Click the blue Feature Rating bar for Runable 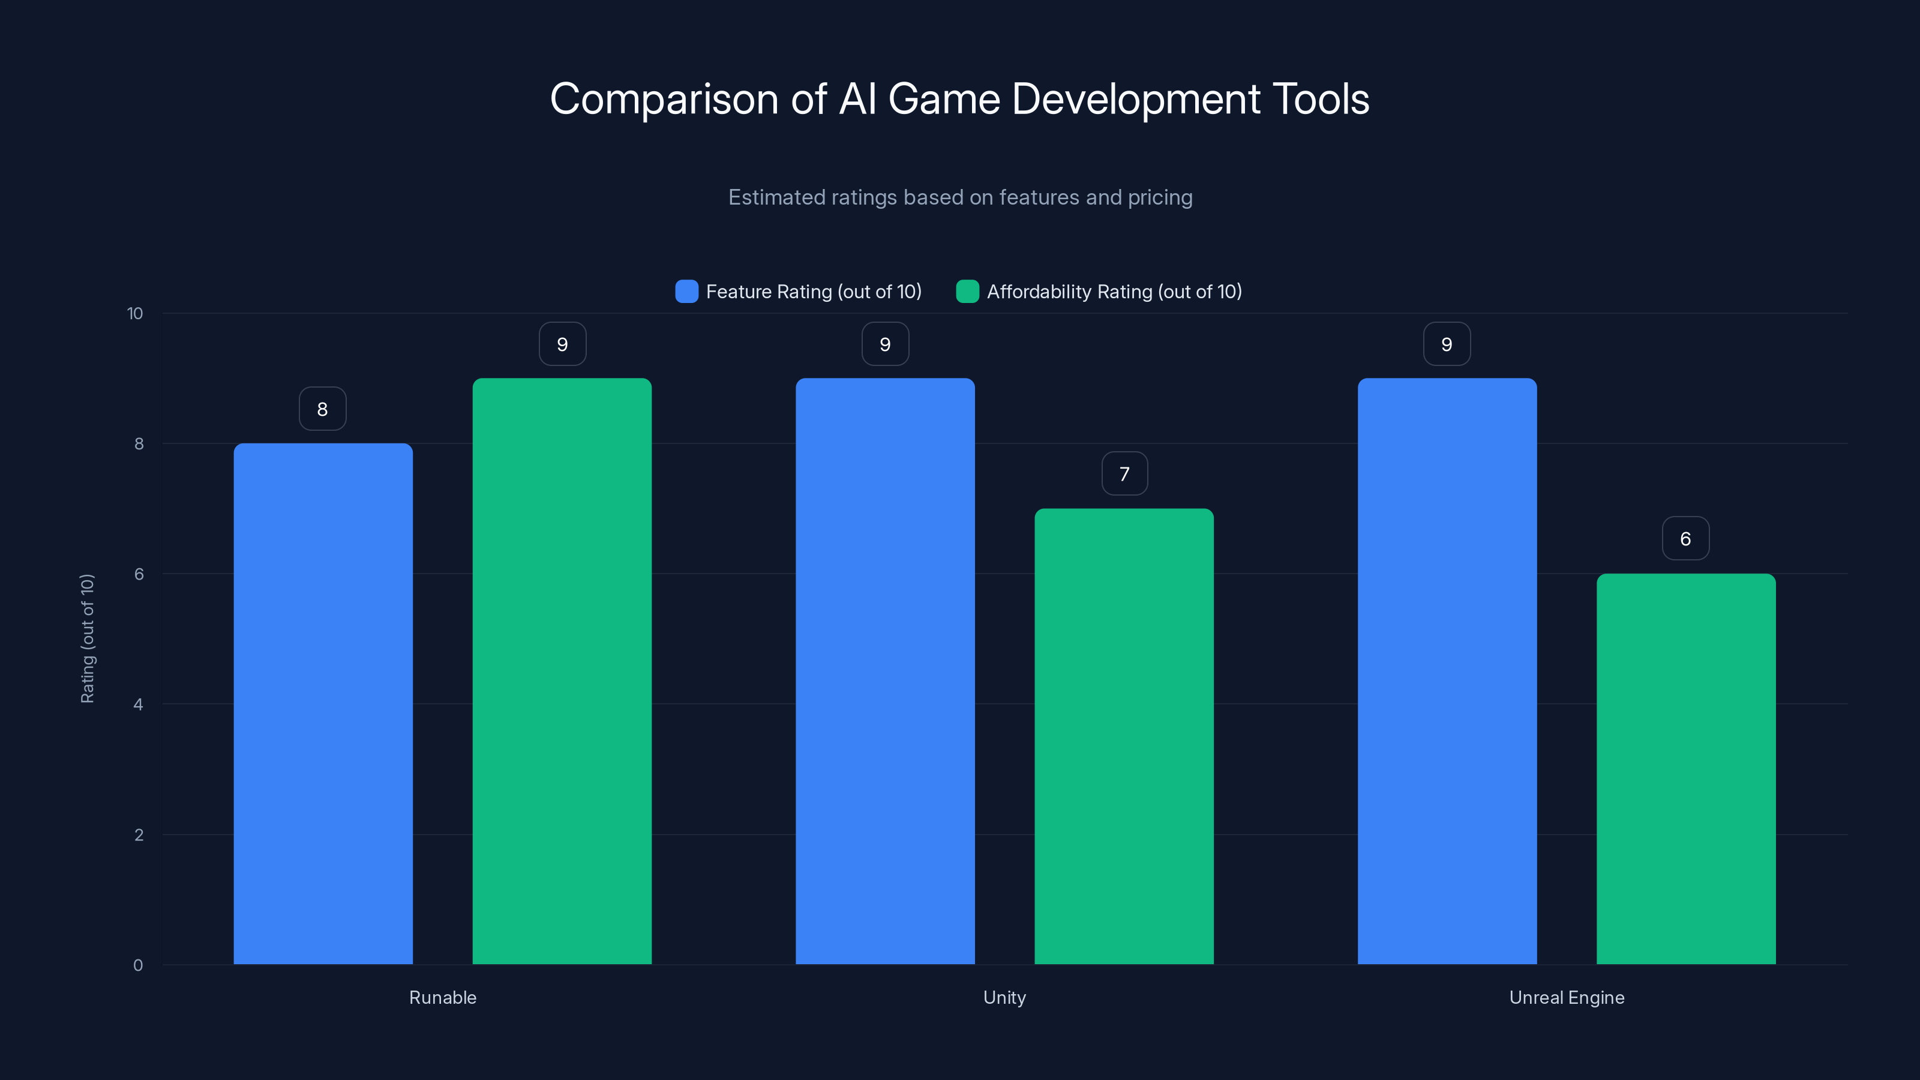(323, 704)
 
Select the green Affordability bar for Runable (562, 671)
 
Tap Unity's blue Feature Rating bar (885, 671)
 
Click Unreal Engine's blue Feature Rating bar (1447, 671)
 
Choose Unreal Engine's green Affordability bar (1686, 769)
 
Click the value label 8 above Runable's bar (323, 409)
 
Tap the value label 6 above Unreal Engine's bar (1686, 539)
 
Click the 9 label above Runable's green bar (563, 344)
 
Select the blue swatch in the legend (686, 292)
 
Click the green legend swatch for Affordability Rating (967, 292)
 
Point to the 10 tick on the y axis (135, 314)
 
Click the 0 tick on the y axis (138, 965)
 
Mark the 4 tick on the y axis (138, 704)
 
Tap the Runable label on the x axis (443, 997)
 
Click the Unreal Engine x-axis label (1567, 997)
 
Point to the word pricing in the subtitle (1160, 197)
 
